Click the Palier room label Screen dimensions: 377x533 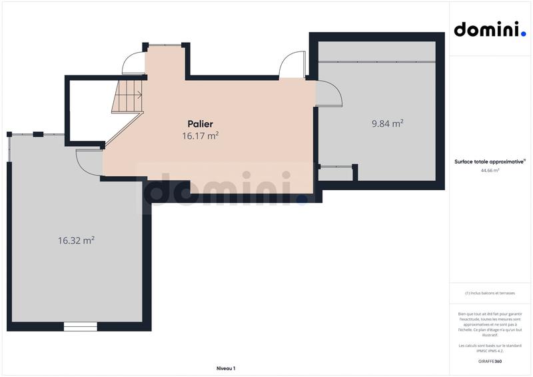tap(200, 124)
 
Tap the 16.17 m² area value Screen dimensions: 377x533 tap(200, 135)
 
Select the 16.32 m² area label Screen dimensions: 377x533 tap(76, 240)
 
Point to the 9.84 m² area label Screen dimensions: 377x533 tap(387, 123)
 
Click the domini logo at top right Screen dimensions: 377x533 tap(489, 29)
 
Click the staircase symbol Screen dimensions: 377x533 tap(128, 96)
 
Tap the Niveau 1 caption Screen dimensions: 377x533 tap(226, 368)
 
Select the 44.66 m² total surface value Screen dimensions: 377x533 tap(490, 170)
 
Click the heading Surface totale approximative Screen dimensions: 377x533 tap(489, 161)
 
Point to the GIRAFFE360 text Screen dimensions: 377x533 tap(490, 361)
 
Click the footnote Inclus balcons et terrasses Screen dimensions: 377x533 tap(490, 293)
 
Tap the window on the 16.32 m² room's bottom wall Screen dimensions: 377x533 tap(80, 326)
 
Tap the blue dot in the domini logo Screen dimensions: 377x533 tap(523, 34)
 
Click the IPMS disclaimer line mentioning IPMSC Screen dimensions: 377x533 tap(490, 347)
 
